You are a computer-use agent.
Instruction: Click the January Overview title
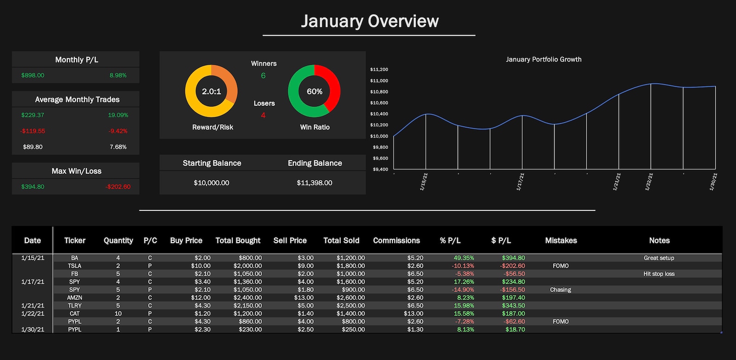tap(369, 21)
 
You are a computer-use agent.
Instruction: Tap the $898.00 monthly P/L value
tap(33, 75)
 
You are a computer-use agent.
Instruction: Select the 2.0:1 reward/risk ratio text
tap(211, 91)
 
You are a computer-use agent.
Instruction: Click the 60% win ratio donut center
tap(314, 91)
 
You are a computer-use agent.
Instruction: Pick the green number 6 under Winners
tap(263, 76)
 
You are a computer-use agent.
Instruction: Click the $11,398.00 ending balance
tap(314, 183)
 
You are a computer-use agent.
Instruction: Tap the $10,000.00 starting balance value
tap(211, 183)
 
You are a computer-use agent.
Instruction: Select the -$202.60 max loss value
tap(118, 187)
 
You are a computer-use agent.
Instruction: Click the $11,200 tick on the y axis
tap(379, 69)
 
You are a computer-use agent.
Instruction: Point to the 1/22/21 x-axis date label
tap(649, 182)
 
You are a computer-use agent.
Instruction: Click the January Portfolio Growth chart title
tap(544, 59)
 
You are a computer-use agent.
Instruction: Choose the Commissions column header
tap(396, 240)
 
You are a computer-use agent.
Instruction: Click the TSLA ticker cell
tap(75, 266)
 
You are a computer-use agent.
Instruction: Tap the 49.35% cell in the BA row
tap(463, 258)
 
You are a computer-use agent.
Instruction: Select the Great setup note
tap(659, 258)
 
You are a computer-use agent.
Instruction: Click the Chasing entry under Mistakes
tap(560, 290)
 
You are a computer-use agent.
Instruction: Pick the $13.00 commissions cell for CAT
tap(413, 314)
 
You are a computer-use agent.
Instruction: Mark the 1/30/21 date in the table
tap(33, 329)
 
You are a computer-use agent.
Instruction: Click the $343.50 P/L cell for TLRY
tap(513, 306)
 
